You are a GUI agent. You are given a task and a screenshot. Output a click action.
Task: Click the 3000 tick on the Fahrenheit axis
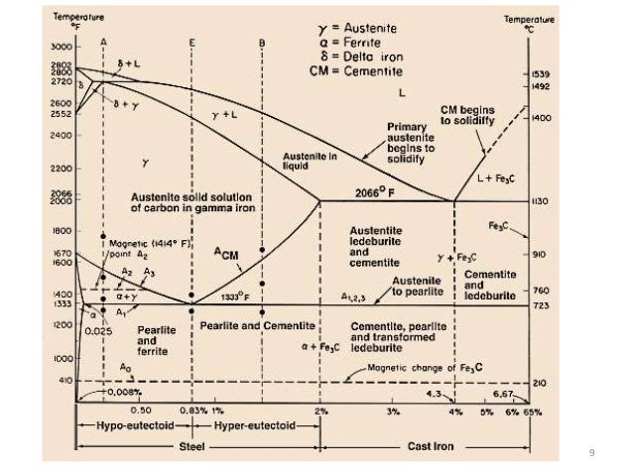61,47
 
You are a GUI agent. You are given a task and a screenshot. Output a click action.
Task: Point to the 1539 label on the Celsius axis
541,74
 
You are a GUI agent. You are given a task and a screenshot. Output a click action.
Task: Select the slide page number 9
591,453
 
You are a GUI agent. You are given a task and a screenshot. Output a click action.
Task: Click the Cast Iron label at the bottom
431,446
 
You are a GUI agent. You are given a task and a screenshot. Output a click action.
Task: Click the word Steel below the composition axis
196,446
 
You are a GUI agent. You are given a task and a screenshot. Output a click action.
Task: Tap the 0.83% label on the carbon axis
192,410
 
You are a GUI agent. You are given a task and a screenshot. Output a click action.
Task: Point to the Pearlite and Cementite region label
257,325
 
